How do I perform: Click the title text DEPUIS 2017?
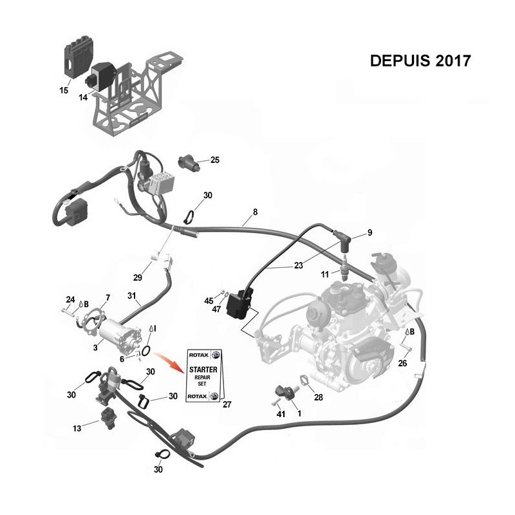coord(420,61)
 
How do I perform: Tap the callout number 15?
coord(64,90)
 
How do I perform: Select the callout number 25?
coord(215,160)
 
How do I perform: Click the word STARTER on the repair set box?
coord(203,370)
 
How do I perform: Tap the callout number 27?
coord(227,404)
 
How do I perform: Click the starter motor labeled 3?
coord(120,335)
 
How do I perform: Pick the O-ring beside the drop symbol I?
coord(147,351)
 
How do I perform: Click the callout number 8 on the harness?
coord(255,212)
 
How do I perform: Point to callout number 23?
coord(298,265)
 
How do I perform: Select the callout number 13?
coord(77,428)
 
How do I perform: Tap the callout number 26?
coord(402,363)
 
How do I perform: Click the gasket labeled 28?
coord(304,380)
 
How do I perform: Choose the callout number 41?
coord(281,414)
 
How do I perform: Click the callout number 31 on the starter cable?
coord(131,295)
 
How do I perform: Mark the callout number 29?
coord(138,277)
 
